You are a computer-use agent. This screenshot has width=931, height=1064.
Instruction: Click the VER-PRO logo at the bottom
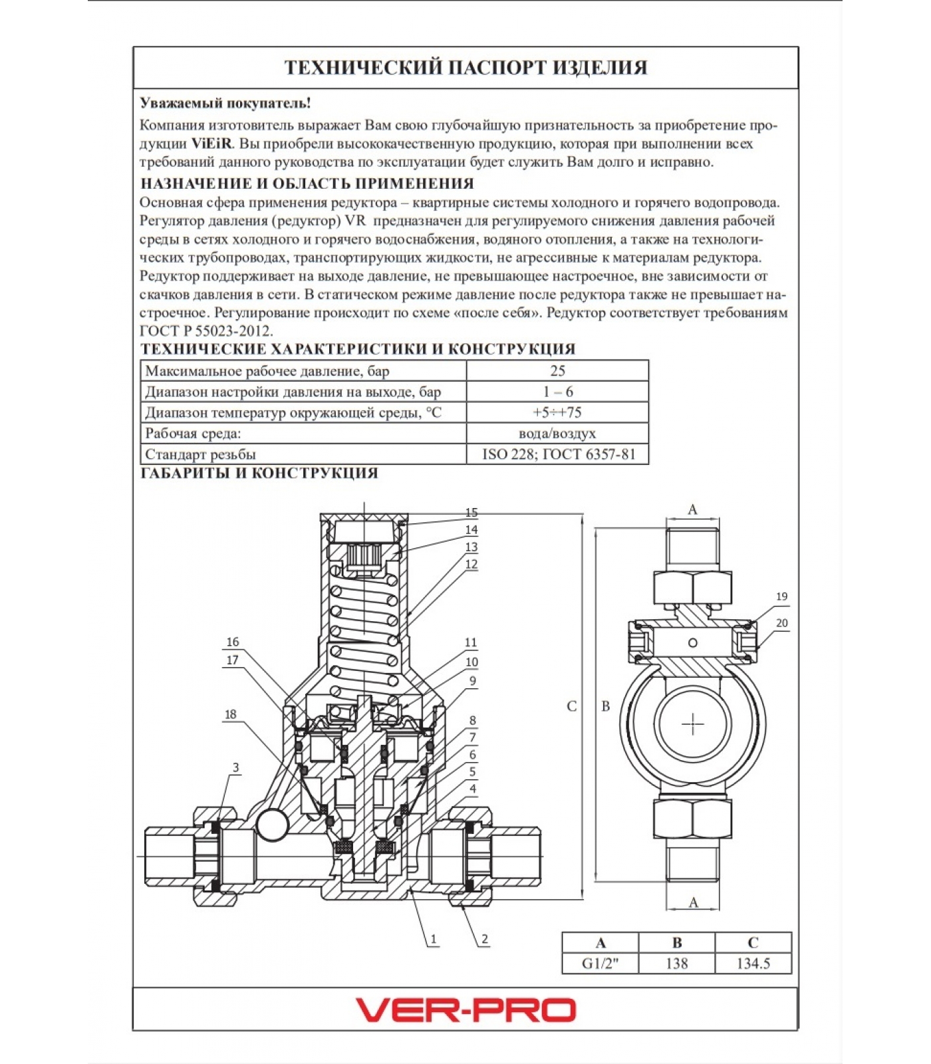[465, 1009]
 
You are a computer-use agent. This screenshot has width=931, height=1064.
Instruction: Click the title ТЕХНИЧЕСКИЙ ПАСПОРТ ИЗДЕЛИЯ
[465, 68]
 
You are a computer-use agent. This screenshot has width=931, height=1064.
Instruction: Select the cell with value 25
[557, 371]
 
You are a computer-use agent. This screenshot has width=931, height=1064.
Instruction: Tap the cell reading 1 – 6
[557, 392]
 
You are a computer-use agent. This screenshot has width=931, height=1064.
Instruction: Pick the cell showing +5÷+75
[557, 412]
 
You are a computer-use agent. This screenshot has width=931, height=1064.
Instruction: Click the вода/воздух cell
[557, 434]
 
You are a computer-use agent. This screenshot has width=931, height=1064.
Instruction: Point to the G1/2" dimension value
[600, 964]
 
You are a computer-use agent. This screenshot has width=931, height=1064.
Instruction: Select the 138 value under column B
[676, 964]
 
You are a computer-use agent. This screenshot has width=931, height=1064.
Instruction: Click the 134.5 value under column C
[753, 964]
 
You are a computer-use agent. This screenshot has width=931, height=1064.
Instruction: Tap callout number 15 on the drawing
[471, 513]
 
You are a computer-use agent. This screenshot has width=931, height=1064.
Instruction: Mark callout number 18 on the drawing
[230, 715]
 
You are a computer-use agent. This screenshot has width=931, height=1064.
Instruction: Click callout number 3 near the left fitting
[235, 767]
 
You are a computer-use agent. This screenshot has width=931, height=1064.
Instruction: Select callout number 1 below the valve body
[434, 939]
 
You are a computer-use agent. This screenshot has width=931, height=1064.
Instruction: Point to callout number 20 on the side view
[782, 623]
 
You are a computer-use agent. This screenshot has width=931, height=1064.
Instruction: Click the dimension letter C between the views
[571, 706]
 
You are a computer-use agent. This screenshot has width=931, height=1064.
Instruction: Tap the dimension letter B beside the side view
[605, 706]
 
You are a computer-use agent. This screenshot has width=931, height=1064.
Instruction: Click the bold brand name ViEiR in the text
[211, 144]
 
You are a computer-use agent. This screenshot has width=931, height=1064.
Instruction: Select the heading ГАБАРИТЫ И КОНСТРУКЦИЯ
[259, 473]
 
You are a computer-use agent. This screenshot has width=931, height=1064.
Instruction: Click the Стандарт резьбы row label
[200, 455]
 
